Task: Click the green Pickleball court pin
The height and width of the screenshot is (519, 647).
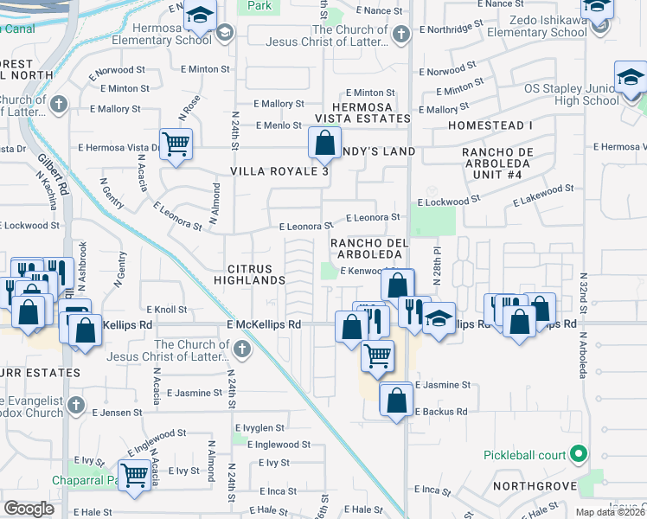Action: pos(579,454)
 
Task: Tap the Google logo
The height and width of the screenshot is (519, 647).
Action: pos(29,509)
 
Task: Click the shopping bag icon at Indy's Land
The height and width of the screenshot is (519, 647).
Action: pos(324,142)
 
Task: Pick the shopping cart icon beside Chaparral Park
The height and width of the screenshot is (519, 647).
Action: pos(134,474)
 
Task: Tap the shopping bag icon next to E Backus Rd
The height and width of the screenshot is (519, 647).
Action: pos(396,400)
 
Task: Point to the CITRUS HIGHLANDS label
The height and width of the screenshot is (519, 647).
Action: pos(256,274)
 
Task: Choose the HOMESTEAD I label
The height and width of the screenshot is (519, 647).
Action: pos(490,125)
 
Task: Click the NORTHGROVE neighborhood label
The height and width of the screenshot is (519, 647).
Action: pos(534,486)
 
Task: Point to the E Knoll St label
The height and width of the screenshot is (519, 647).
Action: pos(167,309)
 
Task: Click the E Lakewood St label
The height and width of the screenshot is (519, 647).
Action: pos(543,195)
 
